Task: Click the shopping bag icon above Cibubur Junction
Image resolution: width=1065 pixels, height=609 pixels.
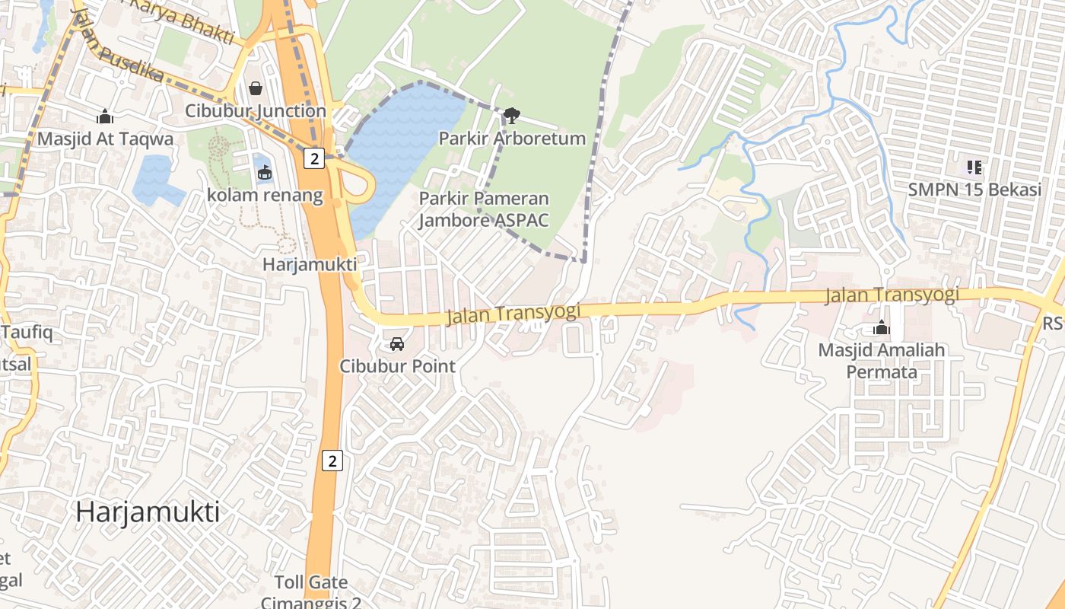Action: click(256, 88)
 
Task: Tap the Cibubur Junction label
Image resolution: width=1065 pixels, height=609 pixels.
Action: click(256, 111)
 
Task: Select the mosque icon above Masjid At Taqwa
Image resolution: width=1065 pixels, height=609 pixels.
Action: click(105, 116)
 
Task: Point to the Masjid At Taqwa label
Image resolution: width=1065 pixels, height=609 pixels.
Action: click(105, 139)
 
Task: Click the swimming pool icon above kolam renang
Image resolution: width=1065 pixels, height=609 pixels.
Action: click(264, 173)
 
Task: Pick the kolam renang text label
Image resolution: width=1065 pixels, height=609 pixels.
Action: click(265, 196)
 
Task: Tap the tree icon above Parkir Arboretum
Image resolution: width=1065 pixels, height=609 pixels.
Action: click(512, 116)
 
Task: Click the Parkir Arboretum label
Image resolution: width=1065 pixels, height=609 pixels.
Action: click(512, 139)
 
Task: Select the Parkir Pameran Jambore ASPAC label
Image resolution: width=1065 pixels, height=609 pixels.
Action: click(484, 209)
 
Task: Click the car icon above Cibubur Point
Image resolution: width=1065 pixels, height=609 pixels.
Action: click(397, 343)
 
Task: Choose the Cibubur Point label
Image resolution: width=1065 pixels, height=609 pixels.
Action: click(397, 366)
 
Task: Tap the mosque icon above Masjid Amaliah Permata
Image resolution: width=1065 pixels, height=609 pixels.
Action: click(882, 328)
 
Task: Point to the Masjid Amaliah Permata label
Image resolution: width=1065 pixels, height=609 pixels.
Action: click(882, 361)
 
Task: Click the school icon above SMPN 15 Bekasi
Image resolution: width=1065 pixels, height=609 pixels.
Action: click(974, 167)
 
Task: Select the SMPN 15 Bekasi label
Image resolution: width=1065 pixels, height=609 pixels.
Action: click(974, 190)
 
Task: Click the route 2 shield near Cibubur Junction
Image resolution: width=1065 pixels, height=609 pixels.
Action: click(313, 158)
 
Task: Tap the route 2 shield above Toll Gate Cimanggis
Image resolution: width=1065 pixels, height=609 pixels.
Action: click(332, 461)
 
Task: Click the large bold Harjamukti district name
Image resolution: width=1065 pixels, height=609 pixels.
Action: click(148, 512)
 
